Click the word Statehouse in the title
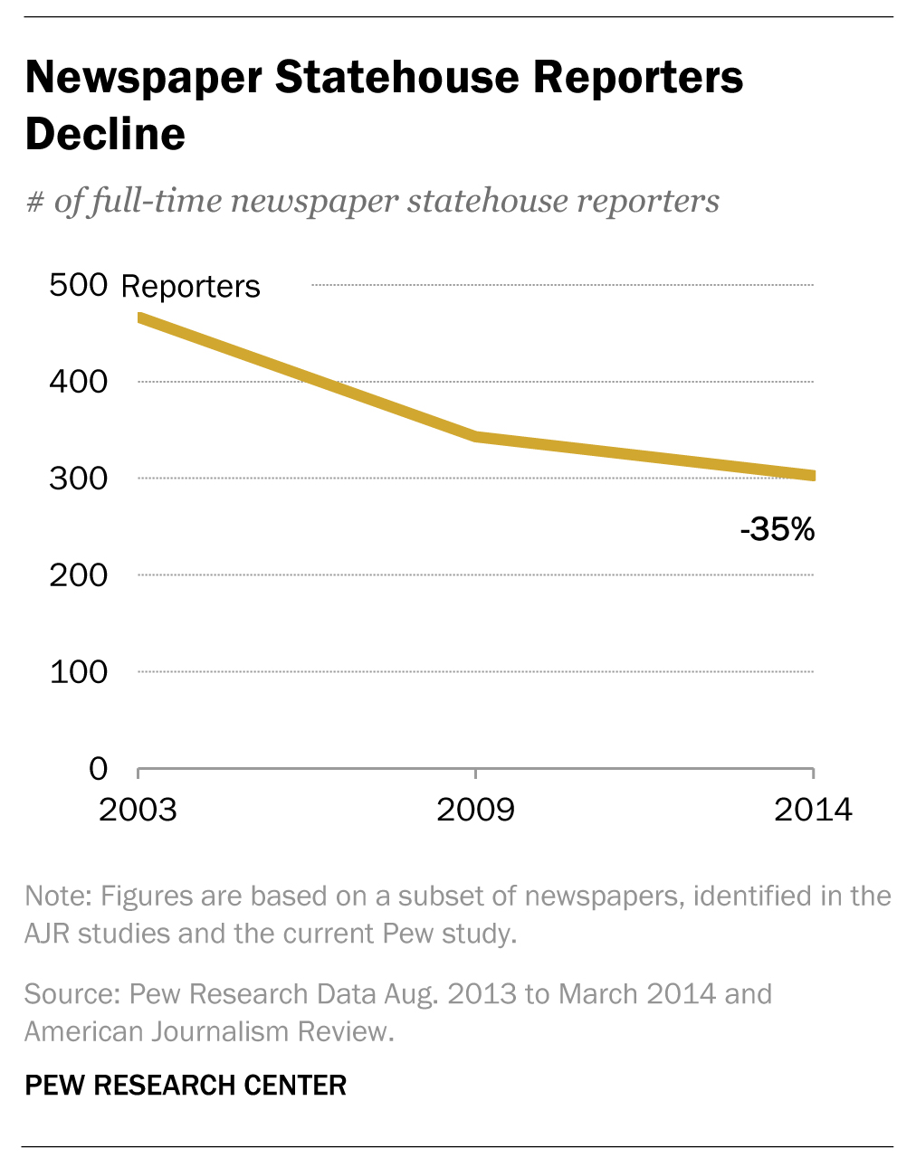(397, 78)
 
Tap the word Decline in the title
(105, 135)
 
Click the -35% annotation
(778, 529)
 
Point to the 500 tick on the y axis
(78, 285)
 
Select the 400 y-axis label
(78, 382)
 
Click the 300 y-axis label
(78, 479)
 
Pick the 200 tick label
(78, 575)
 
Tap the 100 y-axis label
(78, 672)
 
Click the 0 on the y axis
(98, 769)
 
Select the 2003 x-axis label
(138, 810)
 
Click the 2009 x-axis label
(475, 810)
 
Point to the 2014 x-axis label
(813, 810)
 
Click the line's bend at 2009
(475, 437)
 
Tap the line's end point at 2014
(812, 475)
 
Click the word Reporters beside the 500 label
(190, 287)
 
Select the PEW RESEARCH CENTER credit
(186, 1086)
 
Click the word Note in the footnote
(58, 897)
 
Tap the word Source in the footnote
(71, 994)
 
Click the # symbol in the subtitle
(34, 202)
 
